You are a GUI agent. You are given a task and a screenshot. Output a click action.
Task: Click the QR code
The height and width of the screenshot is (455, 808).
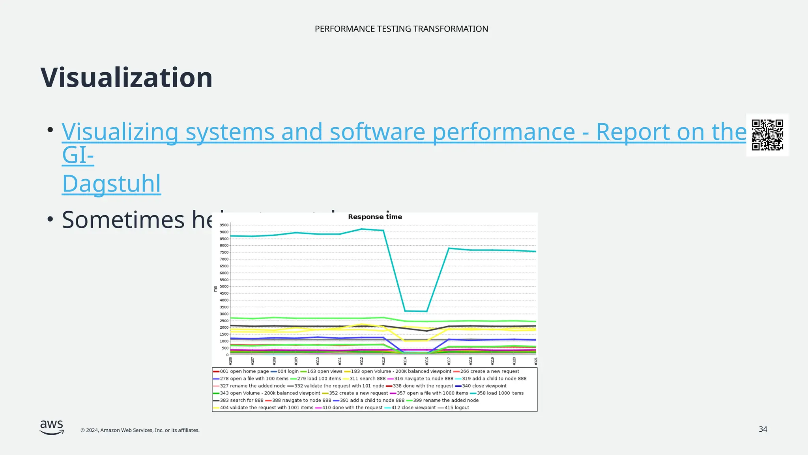pos(767,135)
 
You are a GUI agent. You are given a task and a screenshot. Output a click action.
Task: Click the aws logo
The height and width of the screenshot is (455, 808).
pos(52,427)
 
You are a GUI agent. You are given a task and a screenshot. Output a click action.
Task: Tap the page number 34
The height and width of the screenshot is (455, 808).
pos(763,429)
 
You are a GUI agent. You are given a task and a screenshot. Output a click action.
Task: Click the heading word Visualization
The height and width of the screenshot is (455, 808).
pos(127,78)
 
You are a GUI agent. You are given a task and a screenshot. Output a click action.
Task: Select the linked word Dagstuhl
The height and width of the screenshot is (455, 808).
pos(112,184)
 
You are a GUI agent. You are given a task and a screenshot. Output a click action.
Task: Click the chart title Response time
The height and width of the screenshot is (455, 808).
pos(375,217)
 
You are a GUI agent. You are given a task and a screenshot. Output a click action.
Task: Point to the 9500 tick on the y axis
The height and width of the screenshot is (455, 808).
pos(224,225)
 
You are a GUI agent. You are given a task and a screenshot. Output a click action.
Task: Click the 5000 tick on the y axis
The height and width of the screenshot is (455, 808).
pos(224,287)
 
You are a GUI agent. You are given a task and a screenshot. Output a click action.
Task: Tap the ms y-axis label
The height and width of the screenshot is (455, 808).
pos(215,289)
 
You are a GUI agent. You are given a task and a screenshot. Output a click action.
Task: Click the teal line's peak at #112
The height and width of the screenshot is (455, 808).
pos(362,229)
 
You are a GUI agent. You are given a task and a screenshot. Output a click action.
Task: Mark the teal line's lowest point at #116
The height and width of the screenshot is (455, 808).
pos(426,312)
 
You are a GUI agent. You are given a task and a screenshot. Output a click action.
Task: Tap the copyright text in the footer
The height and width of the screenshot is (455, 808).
pos(140,430)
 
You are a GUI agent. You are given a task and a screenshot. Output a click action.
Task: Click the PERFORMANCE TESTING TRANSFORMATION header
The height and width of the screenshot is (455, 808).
pos(401,29)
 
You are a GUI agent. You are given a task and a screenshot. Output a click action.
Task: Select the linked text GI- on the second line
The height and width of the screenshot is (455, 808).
pos(78,155)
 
